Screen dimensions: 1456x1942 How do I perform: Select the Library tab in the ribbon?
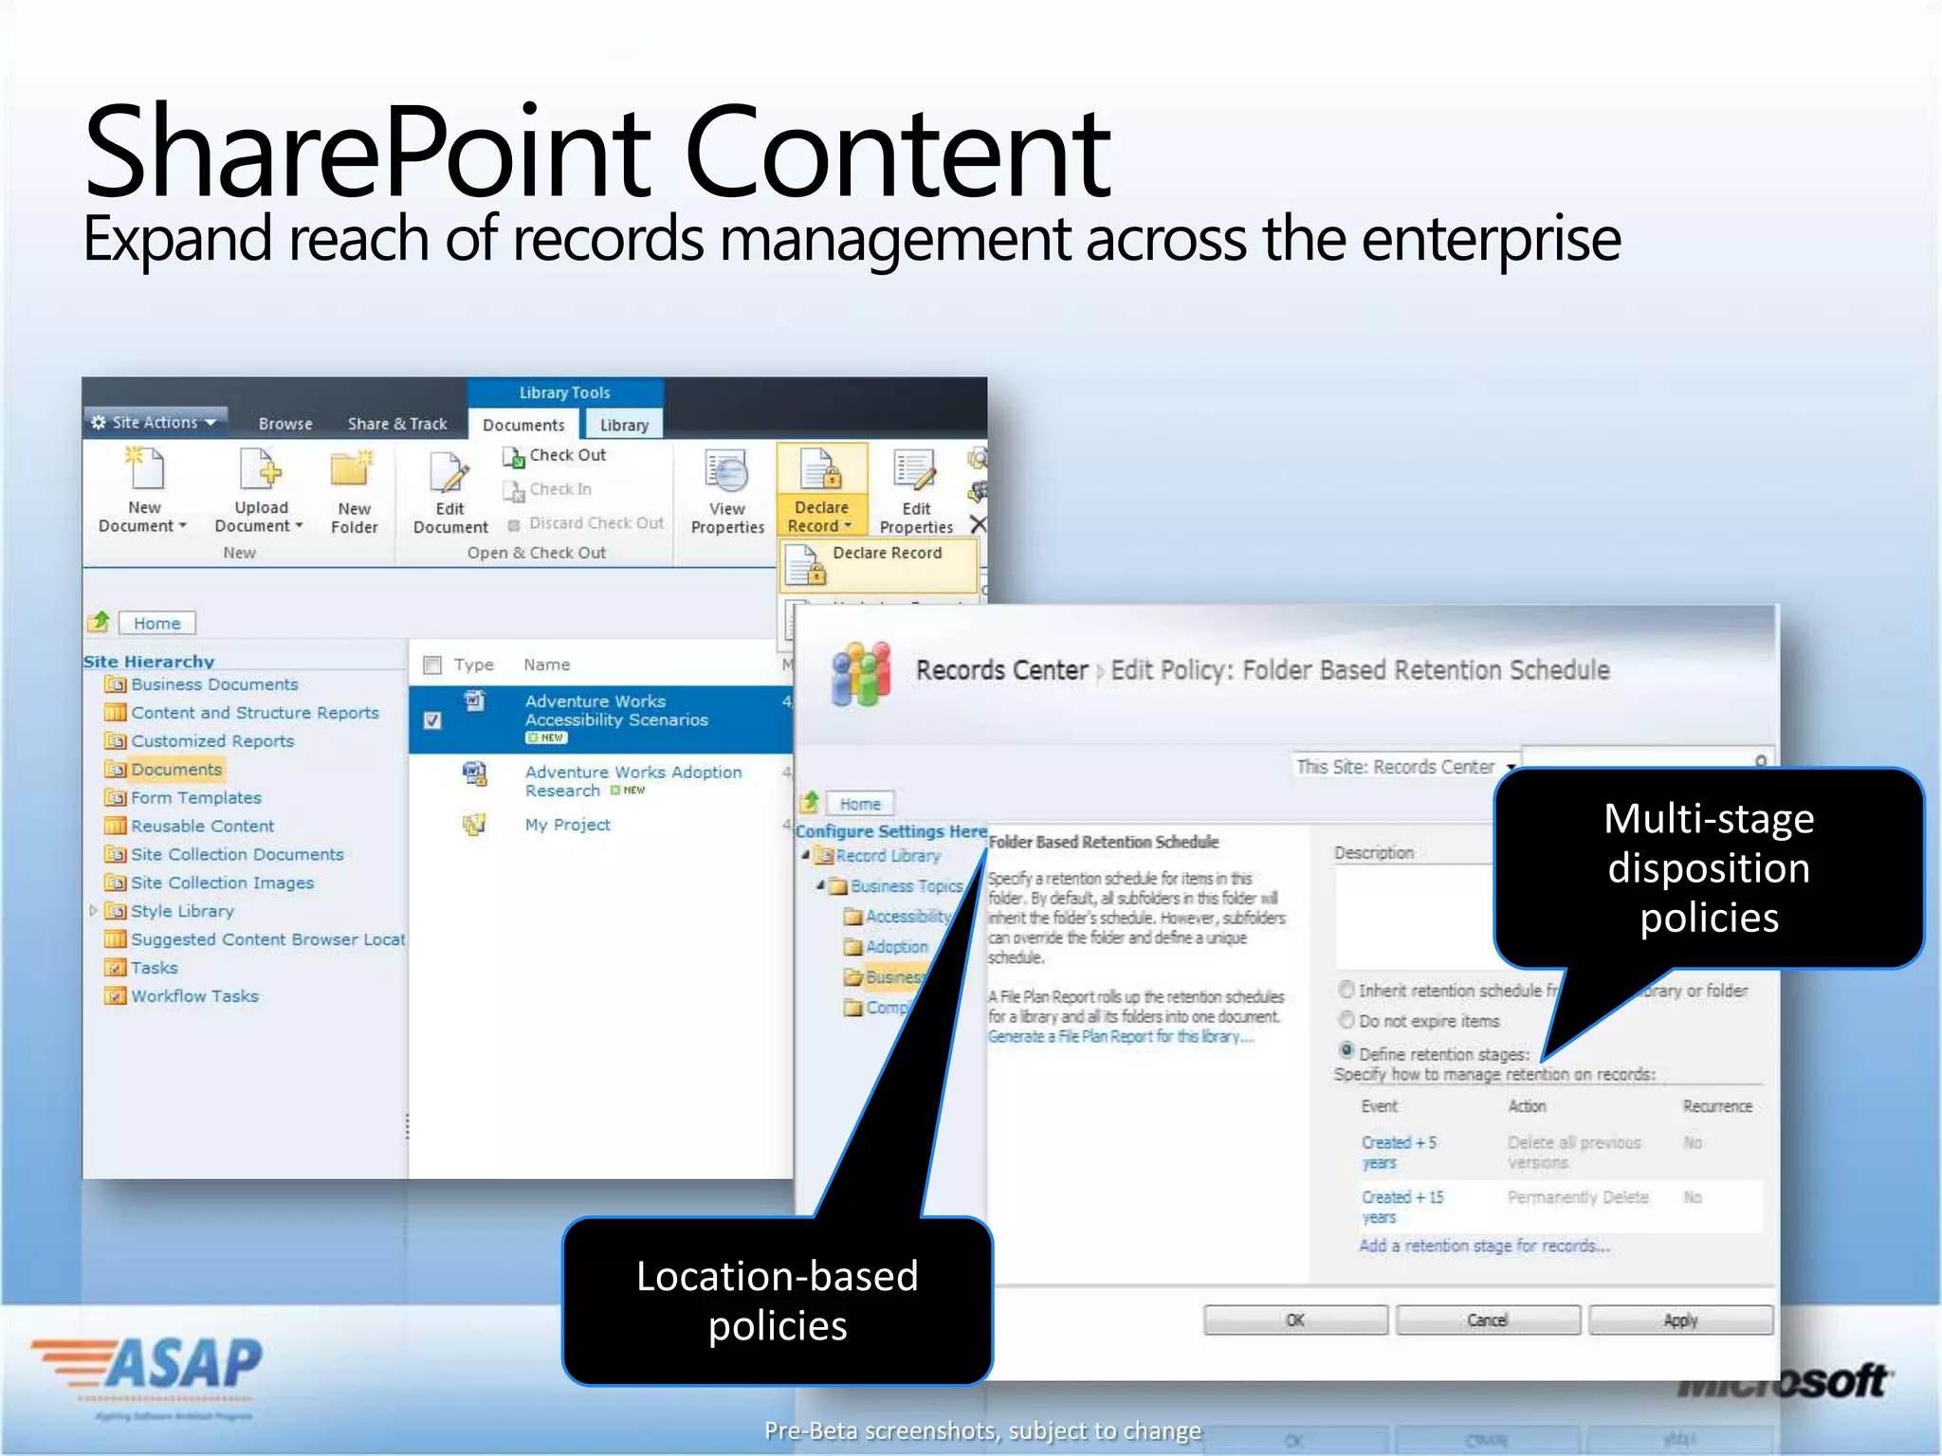tap(624, 426)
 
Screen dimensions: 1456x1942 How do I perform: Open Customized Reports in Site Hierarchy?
tap(211, 741)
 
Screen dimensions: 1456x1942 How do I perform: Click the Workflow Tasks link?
tap(194, 996)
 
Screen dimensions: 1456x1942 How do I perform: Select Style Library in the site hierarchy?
tap(182, 911)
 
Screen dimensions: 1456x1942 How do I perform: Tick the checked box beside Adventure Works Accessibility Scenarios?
tap(432, 720)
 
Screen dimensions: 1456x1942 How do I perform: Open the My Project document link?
tap(567, 825)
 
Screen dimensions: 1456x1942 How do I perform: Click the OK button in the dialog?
tap(1295, 1319)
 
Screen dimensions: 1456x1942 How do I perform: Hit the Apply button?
tap(1680, 1319)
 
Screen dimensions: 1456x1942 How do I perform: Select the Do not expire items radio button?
tap(1347, 1021)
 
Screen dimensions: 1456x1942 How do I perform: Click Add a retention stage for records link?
tap(1484, 1246)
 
